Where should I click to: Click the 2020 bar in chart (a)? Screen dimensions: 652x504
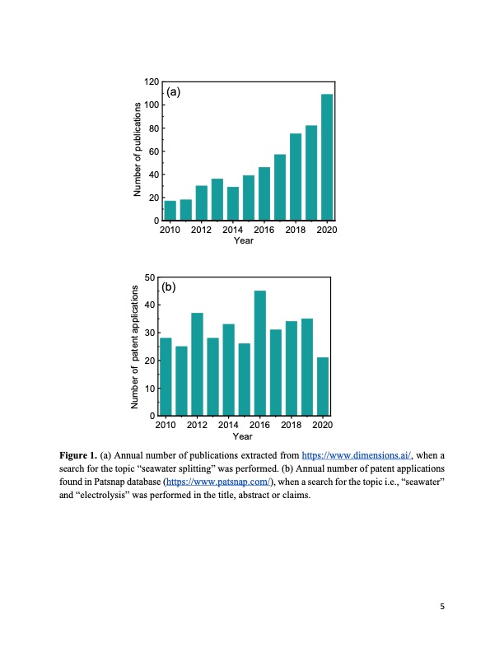327,157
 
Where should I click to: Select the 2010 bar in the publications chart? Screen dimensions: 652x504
170,211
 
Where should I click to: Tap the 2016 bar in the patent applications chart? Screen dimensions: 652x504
260,353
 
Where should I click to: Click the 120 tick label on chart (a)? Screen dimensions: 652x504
151,82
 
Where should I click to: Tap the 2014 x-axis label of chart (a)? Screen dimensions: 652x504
233,230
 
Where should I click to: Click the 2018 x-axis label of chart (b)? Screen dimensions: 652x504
291,425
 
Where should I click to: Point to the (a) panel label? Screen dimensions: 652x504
174,92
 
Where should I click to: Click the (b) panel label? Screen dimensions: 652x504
169,287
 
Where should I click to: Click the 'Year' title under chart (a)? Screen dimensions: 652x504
243,240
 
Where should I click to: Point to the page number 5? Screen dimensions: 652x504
442,608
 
